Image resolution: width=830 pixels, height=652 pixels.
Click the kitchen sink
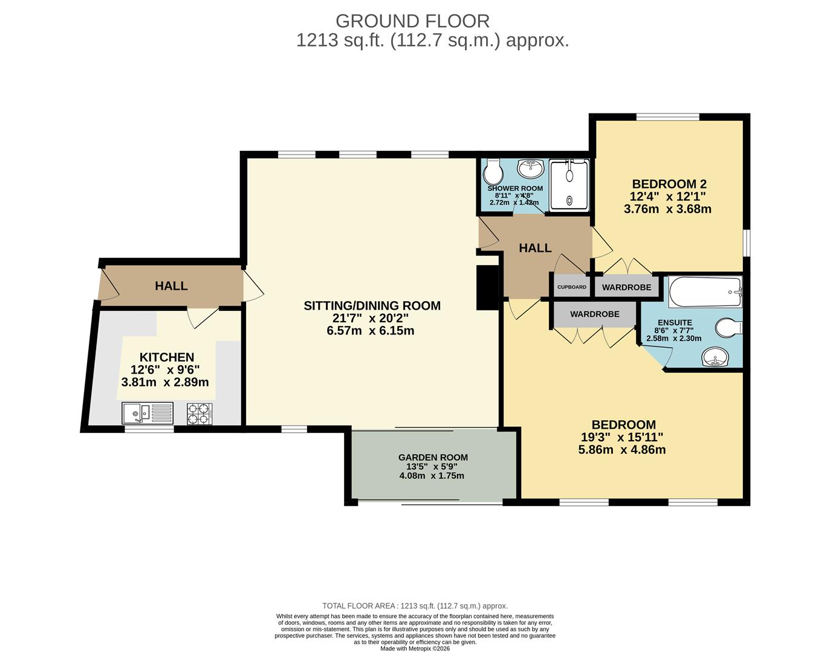(x=148, y=413)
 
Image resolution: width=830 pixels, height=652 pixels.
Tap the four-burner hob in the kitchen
(x=199, y=414)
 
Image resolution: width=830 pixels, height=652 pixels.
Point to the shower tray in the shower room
(x=569, y=185)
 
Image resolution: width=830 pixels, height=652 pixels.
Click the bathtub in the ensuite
(x=705, y=292)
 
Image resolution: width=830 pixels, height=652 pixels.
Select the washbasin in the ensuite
(x=715, y=357)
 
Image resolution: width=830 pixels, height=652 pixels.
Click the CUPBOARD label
(x=572, y=287)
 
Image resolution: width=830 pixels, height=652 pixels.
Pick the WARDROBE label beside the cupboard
(x=627, y=287)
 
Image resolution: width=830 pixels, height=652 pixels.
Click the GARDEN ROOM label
(x=433, y=457)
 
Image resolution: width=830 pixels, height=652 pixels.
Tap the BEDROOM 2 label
(x=670, y=184)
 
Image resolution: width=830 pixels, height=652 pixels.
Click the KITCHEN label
(x=167, y=357)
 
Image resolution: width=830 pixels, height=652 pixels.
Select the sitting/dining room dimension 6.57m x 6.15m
(x=370, y=330)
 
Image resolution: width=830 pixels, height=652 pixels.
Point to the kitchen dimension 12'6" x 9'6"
(x=165, y=369)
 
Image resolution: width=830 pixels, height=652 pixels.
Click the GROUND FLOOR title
(x=413, y=21)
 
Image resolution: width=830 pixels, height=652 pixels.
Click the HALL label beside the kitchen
(x=171, y=286)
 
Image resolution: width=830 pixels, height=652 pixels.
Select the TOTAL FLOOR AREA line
(x=415, y=606)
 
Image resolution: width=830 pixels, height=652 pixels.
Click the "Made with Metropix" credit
(x=415, y=648)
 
